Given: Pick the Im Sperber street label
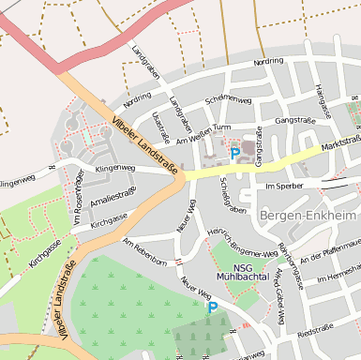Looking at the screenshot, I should coord(286,187).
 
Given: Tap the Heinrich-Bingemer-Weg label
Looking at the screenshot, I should coord(242,241).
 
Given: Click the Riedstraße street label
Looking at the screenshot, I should coord(314,333).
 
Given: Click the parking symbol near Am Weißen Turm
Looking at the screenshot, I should coord(234,153).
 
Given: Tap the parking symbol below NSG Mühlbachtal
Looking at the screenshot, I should coord(212,306).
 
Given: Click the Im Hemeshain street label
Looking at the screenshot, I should coord(338,278).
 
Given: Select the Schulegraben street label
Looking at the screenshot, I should coord(230,193).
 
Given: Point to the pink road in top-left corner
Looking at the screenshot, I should coord(28,37).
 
